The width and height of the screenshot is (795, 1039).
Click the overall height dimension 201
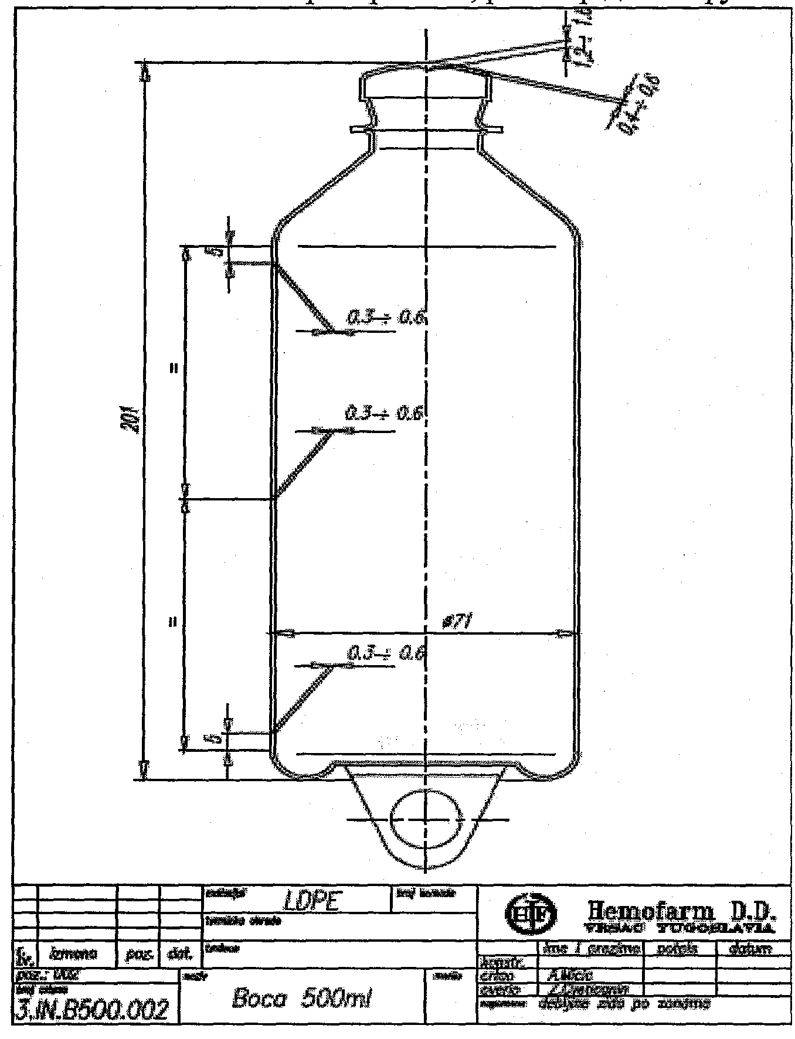pos(135,420)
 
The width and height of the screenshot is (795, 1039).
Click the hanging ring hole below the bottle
pos(426,819)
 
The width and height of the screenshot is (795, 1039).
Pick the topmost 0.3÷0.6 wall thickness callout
pos(385,318)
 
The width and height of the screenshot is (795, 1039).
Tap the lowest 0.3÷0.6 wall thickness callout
pos(385,653)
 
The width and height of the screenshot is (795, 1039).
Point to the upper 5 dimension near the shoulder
pos(215,253)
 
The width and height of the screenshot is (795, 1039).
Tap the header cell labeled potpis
pos(679,948)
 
